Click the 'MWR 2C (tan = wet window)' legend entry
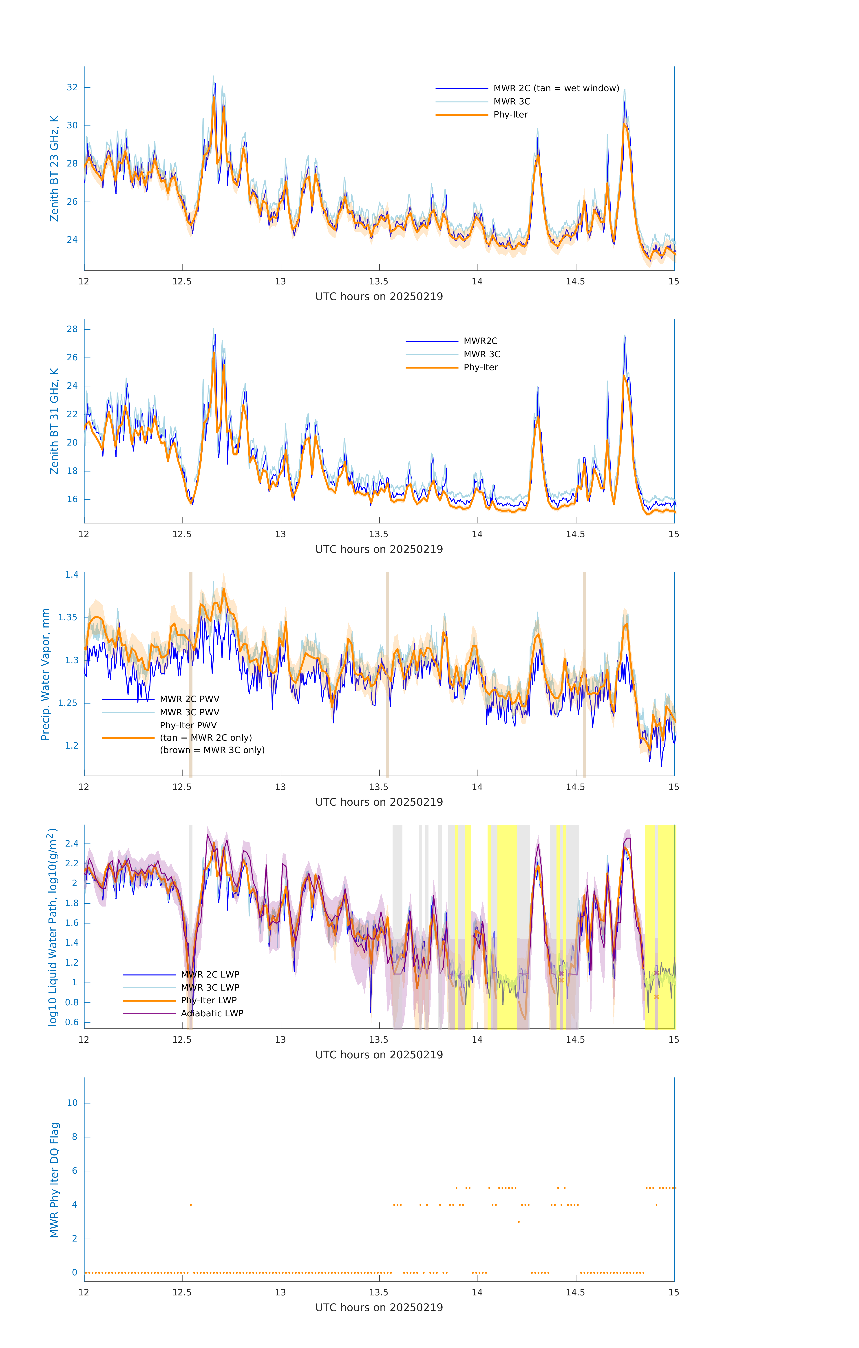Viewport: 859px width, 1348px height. point(556,89)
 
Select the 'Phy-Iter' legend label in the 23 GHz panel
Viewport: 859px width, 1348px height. point(510,115)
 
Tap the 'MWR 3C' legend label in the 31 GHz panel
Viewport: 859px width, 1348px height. point(482,354)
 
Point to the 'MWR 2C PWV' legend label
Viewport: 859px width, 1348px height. point(190,699)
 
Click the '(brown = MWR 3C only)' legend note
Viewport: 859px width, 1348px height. point(212,750)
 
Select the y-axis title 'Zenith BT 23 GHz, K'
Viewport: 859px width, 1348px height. point(54,168)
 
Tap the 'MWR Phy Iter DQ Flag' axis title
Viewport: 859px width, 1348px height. point(54,1179)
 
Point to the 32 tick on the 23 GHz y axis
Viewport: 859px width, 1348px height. point(72,87)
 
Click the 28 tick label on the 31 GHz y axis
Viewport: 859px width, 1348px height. point(72,329)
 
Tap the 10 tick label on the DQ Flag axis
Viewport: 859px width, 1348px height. point(72,1103)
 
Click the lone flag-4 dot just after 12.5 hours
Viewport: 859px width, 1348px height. point(191,1205)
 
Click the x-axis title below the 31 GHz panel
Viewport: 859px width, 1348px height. point(379,549)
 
